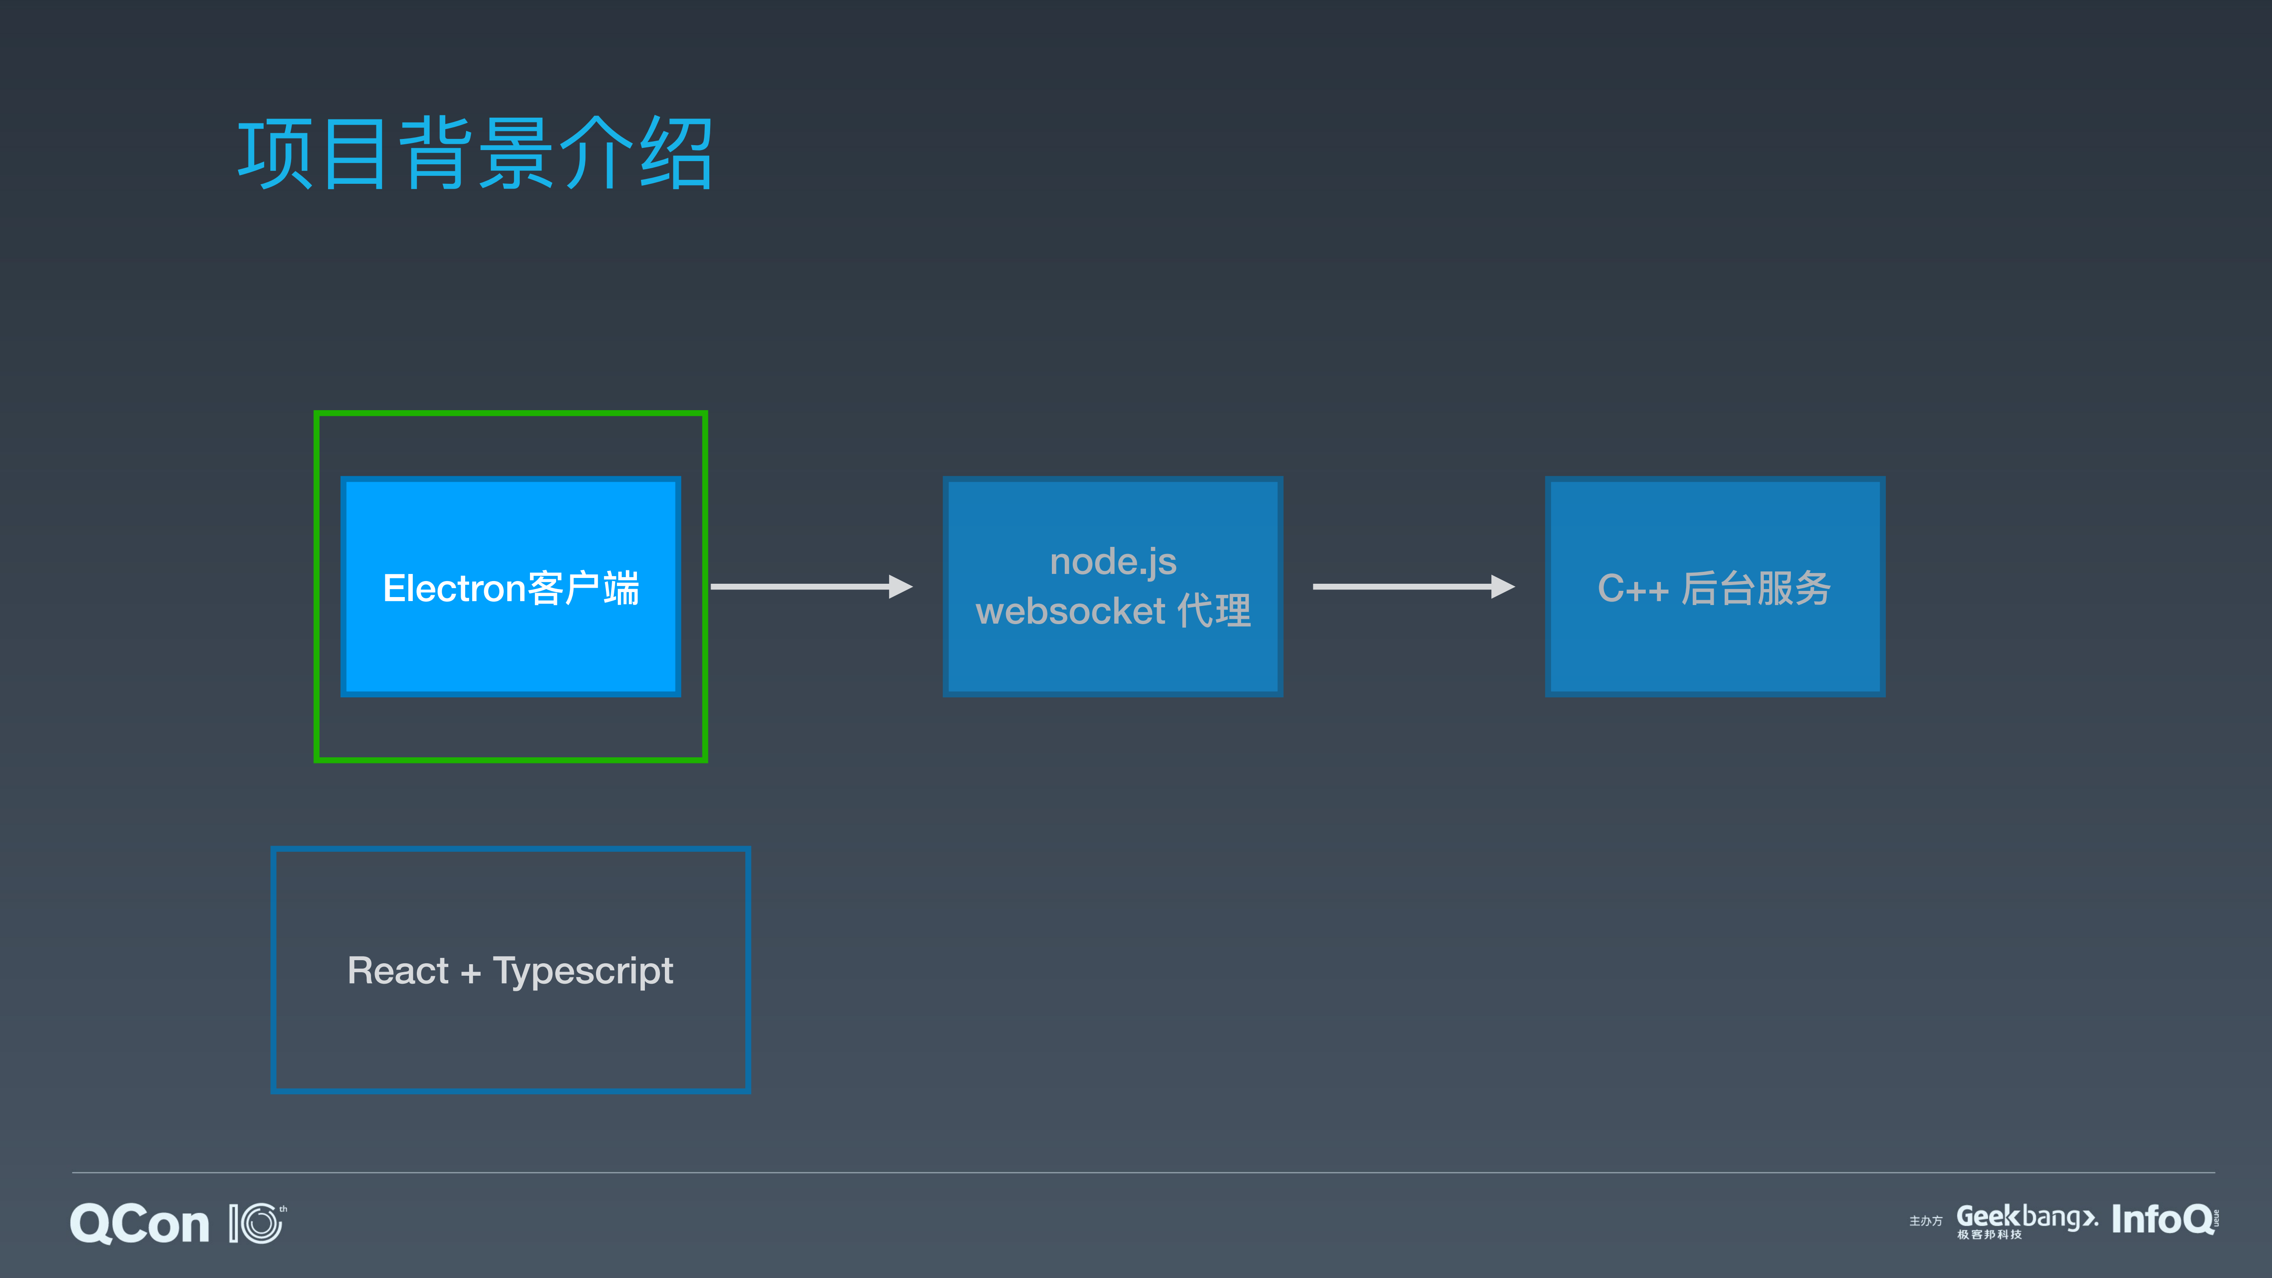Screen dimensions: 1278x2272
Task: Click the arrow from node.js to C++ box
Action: point(1412,586)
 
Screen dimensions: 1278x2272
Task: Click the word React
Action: point(398,970)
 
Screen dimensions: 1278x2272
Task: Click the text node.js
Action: point(1113,562)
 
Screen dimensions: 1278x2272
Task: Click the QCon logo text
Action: point(139,1224)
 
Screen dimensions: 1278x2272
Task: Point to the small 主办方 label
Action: point(1925,1222)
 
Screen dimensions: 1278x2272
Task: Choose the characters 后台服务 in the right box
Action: point(1755,588)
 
